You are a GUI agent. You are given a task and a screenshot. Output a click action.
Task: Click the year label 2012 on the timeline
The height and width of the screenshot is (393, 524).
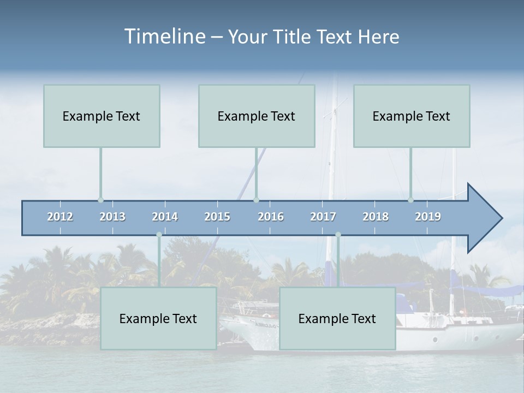pyautogui.click(x=60, y=217)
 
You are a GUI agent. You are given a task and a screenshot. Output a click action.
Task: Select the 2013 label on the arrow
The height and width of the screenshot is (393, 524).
pyautogui.click(x=112, y=217)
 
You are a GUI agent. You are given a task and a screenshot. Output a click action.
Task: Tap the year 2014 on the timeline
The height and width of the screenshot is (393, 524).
pyautogui.click(x=165, y=217)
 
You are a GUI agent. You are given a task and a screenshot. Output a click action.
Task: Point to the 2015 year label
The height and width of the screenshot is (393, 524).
pyautogui.click(x=217, y=217)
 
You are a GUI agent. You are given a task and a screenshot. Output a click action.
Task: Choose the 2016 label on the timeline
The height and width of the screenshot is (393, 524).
pyautogui.click(x=271, y=217)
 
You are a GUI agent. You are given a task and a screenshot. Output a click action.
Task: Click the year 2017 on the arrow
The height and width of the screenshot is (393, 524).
pyautogui.click(x=323, y=217)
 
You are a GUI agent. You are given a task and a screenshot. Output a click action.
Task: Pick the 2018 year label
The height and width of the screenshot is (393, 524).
pyautogui.click(x=376, y=217)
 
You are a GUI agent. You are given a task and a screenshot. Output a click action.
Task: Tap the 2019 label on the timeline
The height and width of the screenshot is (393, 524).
pyautogui.click(x=428, y=217)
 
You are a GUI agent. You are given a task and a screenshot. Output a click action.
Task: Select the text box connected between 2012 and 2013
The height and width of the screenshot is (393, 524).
pyautogui.click(x=102, y=116)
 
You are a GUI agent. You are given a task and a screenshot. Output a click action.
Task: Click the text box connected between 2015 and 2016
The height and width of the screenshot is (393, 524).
pyautogui.click(x=257, y=116)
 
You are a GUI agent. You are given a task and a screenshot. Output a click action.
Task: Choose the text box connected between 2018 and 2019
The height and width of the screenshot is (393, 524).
pyautogui.click(x=412, y=116)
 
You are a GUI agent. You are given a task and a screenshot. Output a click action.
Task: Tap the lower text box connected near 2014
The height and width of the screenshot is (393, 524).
pyautogui.click(x=158, y=318)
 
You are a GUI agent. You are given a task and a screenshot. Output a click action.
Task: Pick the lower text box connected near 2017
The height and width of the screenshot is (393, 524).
pyautogui.click(x=337, y=318)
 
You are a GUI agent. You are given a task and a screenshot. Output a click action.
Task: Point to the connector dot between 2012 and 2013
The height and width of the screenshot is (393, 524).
pyautogui.click(x=100, y=200)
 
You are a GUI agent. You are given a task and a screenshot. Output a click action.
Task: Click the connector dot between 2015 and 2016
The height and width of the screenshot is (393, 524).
pyautogui.click(x=256, y=200)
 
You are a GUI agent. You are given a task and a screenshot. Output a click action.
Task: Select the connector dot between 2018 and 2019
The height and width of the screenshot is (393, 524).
pyautogui.click(x=410, y=200)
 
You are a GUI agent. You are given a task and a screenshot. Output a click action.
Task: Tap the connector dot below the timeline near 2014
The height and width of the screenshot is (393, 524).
pyautogui.click(x=159, y=235)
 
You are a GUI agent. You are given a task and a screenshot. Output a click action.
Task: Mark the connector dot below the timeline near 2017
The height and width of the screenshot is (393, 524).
pyautogui.click(x=338, y=235)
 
